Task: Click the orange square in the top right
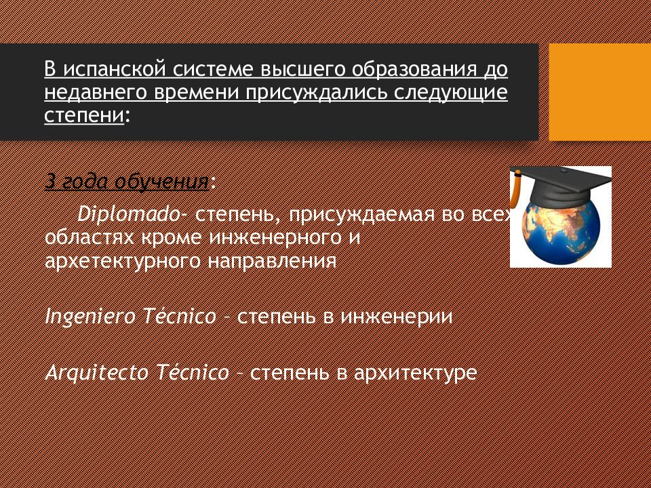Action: point(599,92)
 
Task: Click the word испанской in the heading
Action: point(119,70)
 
